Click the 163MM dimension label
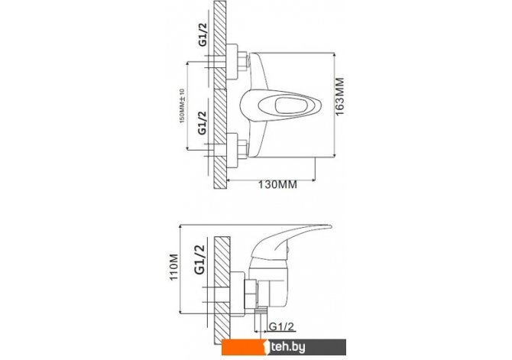click(x=339, y=96)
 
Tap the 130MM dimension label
click(x=278, y=184)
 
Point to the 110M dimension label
click(x=173, y=267)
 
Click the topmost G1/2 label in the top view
click(x=203, y=34)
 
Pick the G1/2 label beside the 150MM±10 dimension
click(x=203, y=122)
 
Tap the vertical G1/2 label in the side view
click(x=199, y=260)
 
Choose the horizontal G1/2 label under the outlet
click(x=281, y=326)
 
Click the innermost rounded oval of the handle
click(x=291, y=105)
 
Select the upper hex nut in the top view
click(x=242, y=62)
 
